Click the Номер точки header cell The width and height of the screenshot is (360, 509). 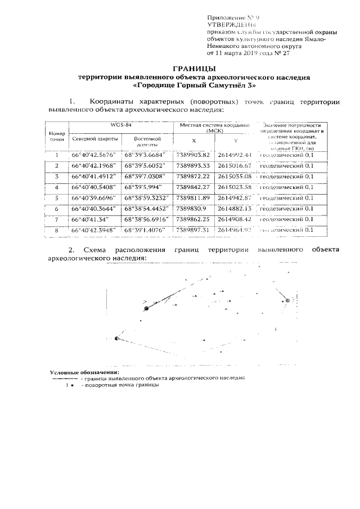[x=56, y=134]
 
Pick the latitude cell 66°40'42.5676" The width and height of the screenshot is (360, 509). [x=93, y=155]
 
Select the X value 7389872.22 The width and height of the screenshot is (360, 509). [x=193, y=176]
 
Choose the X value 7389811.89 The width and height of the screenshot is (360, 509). [x=193, y=198]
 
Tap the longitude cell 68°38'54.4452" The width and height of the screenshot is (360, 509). [x=145, y=209]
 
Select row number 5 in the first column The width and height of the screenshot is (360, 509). [x=57, y=198]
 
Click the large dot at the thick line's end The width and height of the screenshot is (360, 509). [x=146, y=308]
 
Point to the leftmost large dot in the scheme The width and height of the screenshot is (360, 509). [x=116, y=338]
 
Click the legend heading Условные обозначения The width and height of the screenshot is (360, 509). [x=84, y=373]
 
